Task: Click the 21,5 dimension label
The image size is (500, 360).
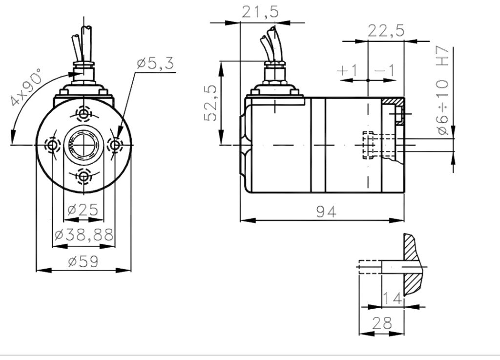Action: [x=260, y=12]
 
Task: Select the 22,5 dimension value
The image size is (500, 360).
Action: [x=386, y=31]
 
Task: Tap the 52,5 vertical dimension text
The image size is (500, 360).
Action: [x=211, y=103]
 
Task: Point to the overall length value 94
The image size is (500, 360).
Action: [x=326, y=212]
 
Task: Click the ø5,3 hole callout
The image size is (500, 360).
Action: [x=155, y=63]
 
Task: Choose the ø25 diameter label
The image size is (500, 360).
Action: [x=83, y=210]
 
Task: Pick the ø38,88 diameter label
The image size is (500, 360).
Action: [x=83, y=235]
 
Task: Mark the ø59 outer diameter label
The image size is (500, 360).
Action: [x=83, y=261]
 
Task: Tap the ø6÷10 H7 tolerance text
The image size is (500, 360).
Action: [x=443, y=90]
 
